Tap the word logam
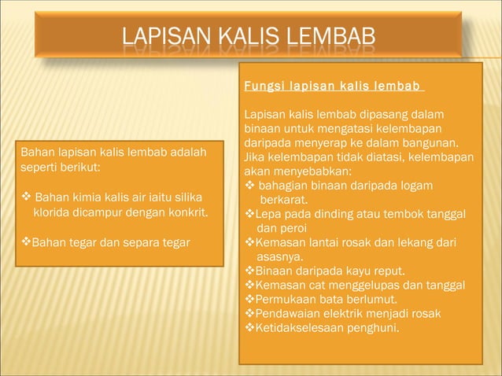439,185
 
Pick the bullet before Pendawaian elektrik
249,313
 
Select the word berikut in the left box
78,168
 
